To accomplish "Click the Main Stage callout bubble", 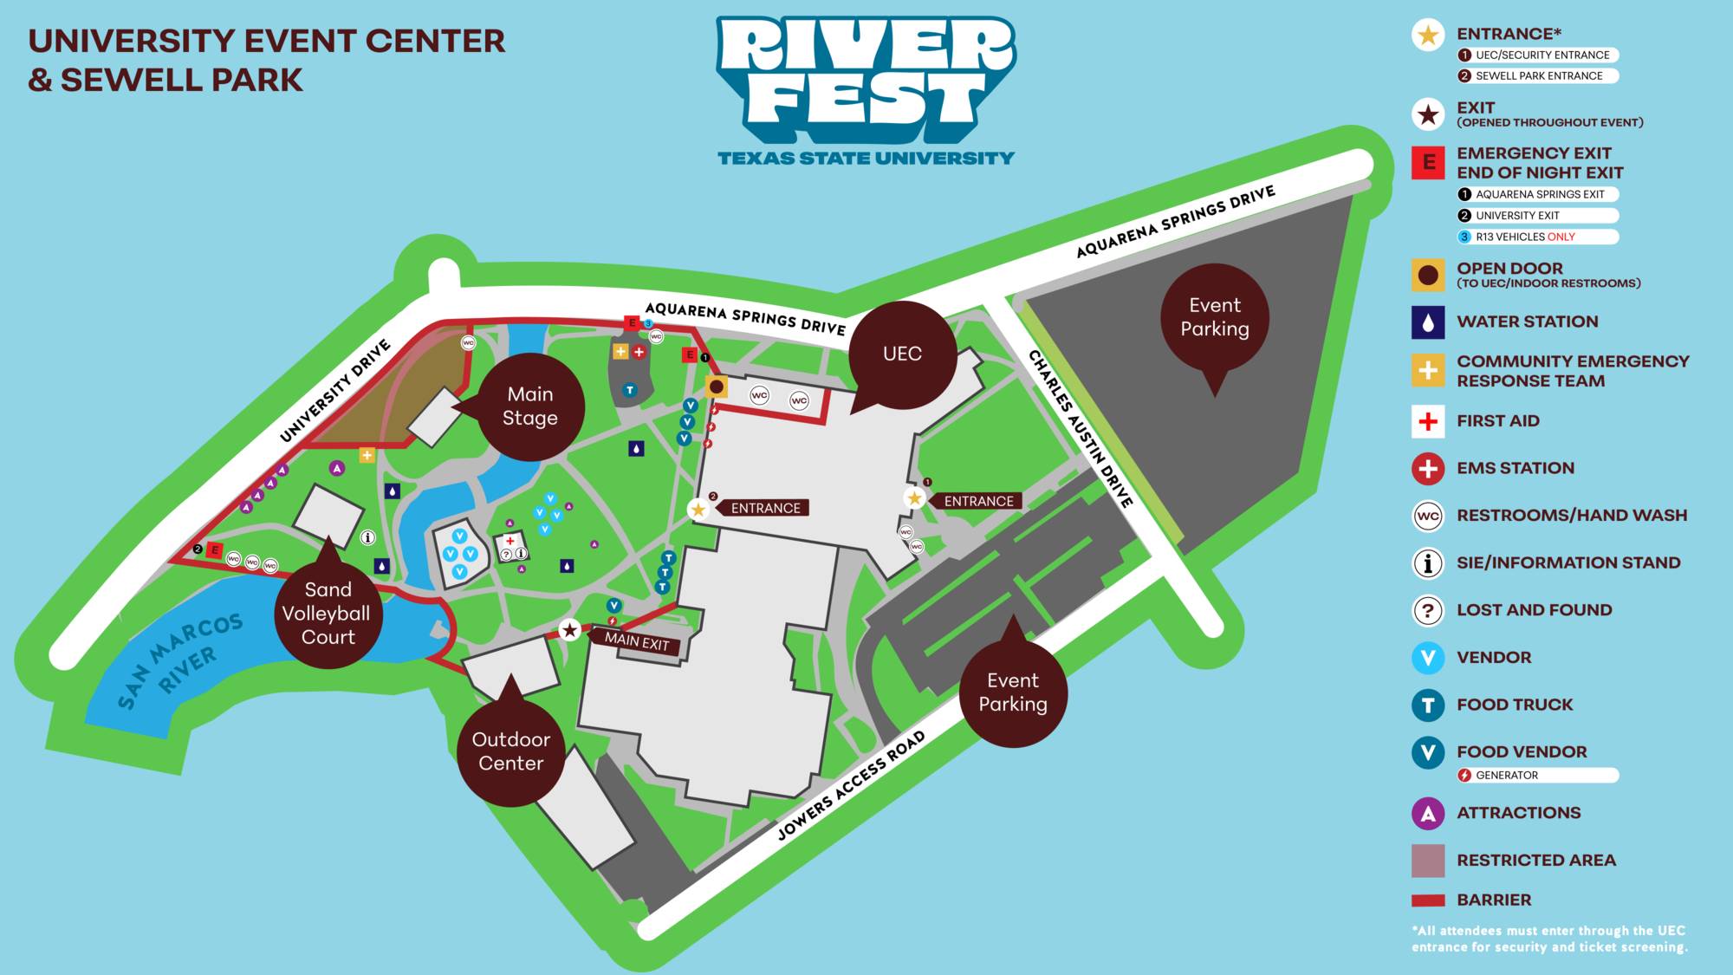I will (529, 406).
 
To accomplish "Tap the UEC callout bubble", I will (902, 354).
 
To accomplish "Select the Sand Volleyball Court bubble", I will (328, 614).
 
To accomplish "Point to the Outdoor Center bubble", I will (511, 751).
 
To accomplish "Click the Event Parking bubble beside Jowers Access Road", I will (1013, 692).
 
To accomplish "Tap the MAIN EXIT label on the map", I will (637, 641).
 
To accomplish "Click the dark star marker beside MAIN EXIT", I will (569, 630).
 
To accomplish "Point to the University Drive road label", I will (335, 391).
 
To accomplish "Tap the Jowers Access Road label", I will (851, 785).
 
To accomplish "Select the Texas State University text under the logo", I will (866, 159).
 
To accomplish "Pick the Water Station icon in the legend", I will (1428, 322).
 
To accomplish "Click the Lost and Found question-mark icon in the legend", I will (1428, 610).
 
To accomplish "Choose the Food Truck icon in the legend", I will (1428, 705).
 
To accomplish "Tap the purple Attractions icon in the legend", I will (1428, 814).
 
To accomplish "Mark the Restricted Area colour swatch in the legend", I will (1428, 861).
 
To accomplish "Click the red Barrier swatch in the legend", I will (1428, 900).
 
